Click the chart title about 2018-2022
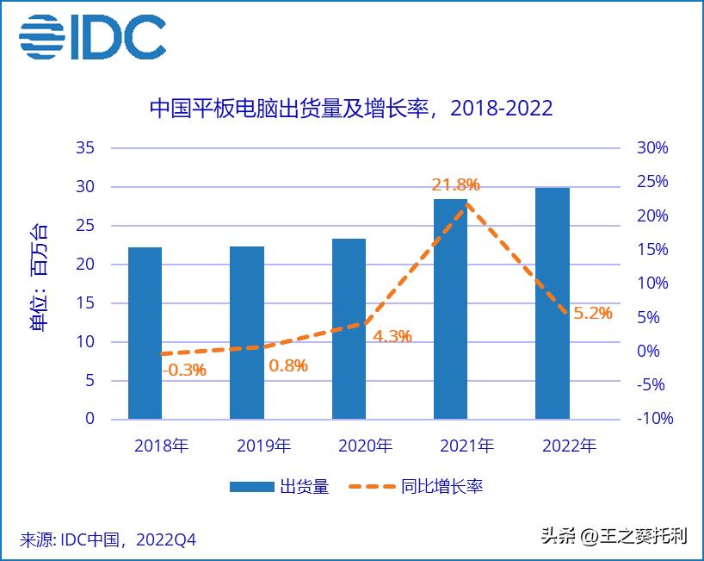(x=351, y=109)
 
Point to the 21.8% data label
(x=455, y=184)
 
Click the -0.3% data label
(x=183, y=370)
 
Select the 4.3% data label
(x=392, y=336)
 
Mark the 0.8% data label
(x=287, y=365)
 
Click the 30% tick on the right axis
(x=652, y=148)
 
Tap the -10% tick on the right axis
(x=654, y=419)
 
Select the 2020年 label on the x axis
(x=365, y=446)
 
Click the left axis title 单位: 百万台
(x=40, y=277)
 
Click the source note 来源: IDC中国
(x=108, y=539)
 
